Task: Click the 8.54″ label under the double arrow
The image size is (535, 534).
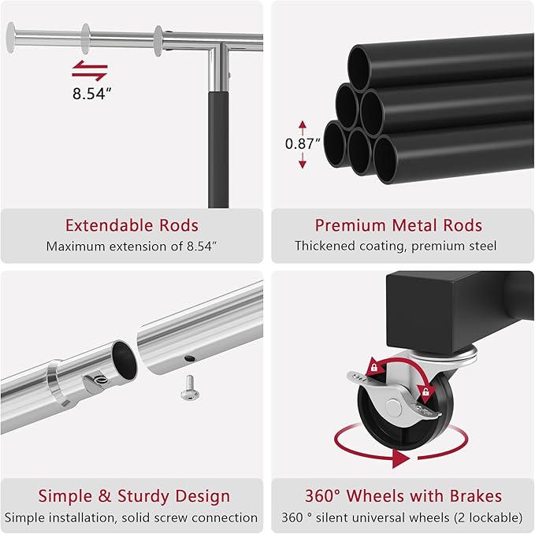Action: (x=91, y=93)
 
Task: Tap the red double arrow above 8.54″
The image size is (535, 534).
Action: (x=90, y=71)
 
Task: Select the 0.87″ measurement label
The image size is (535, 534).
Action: (x=303, y=143)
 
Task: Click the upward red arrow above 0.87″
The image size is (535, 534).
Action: (x=303, y=128)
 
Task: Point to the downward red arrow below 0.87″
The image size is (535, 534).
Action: (x=303, y=160)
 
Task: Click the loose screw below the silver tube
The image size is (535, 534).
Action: (x=190, y=388)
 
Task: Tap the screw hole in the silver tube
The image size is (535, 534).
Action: (x=190, y=358)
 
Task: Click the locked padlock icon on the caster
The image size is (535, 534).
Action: (x=374, y=368)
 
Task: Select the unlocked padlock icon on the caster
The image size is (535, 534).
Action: (x=425, y=391)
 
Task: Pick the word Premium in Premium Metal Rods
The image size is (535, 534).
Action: (x=351, y=225)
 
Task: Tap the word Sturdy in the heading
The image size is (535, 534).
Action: (x=143, y=496)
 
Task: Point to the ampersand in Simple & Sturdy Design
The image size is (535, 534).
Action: (x=105, y=496)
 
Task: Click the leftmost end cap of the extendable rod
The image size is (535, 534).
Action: (x=11, y=38)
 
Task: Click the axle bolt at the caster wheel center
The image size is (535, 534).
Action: (x=393, y=407)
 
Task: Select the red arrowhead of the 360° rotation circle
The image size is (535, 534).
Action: (x=401, y=458)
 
